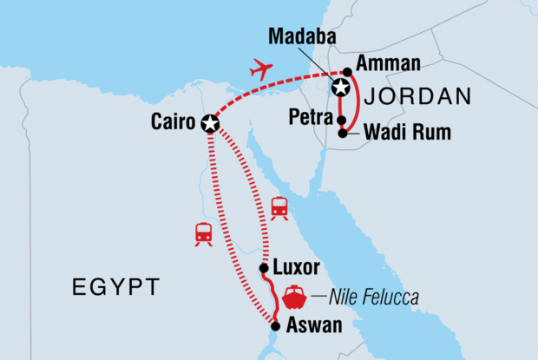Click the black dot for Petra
click(343, 121)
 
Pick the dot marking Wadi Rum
click(344, 134)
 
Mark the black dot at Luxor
click(264, 268)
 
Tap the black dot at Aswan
click(275, 326)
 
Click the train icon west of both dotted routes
click(204, 232)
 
